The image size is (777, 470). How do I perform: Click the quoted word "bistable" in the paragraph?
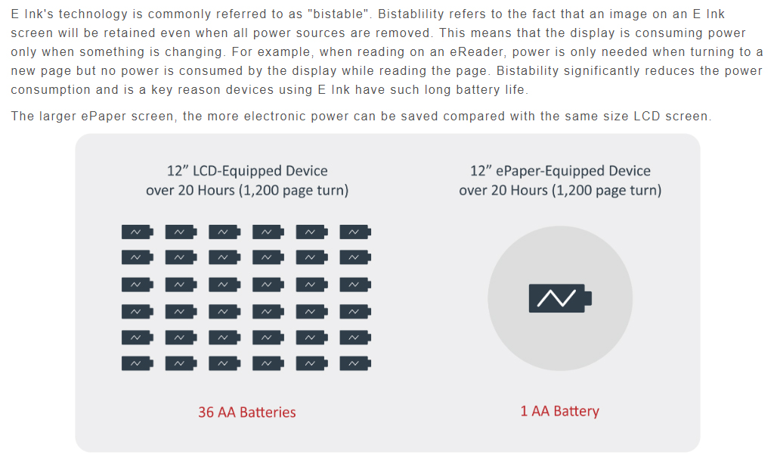(x=339, y=14)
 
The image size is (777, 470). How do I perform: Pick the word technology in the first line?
(x=93, y=14)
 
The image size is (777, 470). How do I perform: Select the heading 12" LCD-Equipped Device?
(x=247, y=171)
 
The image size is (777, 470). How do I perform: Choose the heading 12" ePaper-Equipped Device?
(x=560, y=171)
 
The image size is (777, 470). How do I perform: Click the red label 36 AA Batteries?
(x=246, y=412)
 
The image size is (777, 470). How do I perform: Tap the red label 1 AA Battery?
(x=560, y=411)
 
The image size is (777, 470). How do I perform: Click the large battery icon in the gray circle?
(x=560, y=298)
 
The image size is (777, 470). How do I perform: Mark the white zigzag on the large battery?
(x=556, y=298)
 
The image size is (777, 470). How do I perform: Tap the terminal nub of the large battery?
(x=589, y=298)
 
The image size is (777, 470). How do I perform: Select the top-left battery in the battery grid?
(x=138, y=232)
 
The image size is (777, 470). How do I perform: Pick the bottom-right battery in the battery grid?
(x=355, y=364)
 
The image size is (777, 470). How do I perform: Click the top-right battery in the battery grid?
(x=355, y=232)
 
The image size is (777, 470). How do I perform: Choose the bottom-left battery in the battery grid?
(x=138, y=364)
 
